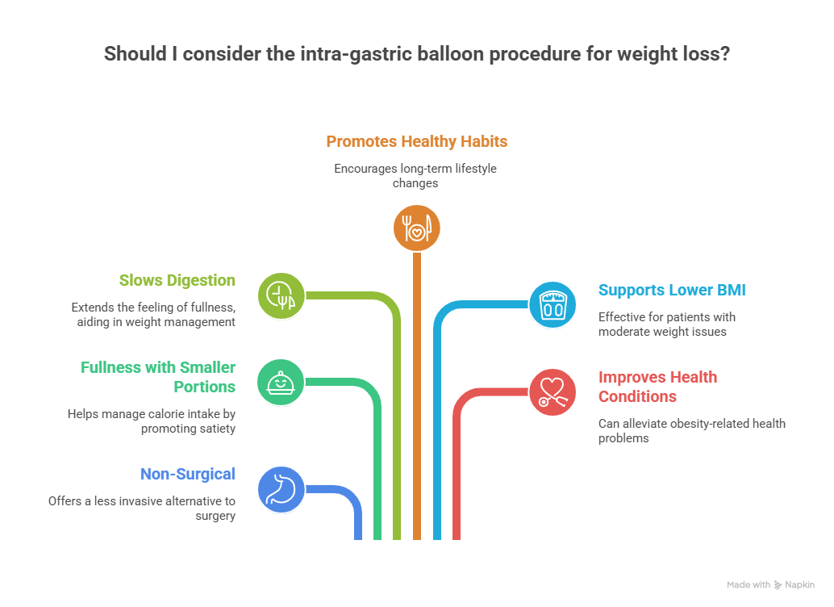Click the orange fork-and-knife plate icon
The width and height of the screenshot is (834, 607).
click(417, 228)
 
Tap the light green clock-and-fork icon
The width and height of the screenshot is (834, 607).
click(281, 295)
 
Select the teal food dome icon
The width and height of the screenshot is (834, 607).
click(281, 382)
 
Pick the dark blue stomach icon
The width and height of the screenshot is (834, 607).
click(281, 489)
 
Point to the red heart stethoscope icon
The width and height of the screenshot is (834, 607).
click(553, 391)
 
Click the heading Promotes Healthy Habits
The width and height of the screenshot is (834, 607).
click(417, 141)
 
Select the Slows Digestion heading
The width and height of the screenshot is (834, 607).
click(177, 281)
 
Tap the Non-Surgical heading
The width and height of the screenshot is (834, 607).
click(187, 474)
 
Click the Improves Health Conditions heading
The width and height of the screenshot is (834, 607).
click(657, 387)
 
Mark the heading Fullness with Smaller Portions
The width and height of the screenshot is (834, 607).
click(158, 377)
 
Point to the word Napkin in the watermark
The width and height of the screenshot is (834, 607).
click(799, 585)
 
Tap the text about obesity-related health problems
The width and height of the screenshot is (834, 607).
click(691, 430)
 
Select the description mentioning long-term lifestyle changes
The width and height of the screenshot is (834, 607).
click(417, 175)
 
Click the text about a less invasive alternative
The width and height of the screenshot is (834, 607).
click(141, 508)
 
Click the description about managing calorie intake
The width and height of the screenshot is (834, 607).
click(152, 421)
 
